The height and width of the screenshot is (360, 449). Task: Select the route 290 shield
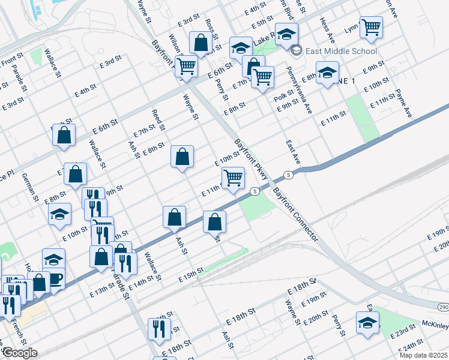click(x=443, y=307)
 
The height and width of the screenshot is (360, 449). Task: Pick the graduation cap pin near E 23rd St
click(x=367, y=322)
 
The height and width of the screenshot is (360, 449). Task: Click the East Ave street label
click(x=292, y=152)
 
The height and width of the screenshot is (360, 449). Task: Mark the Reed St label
click(x=158, y=120)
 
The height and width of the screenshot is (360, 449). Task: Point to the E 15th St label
click(x=191, y=275)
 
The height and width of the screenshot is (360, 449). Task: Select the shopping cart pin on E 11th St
click(x=232, y=178)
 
